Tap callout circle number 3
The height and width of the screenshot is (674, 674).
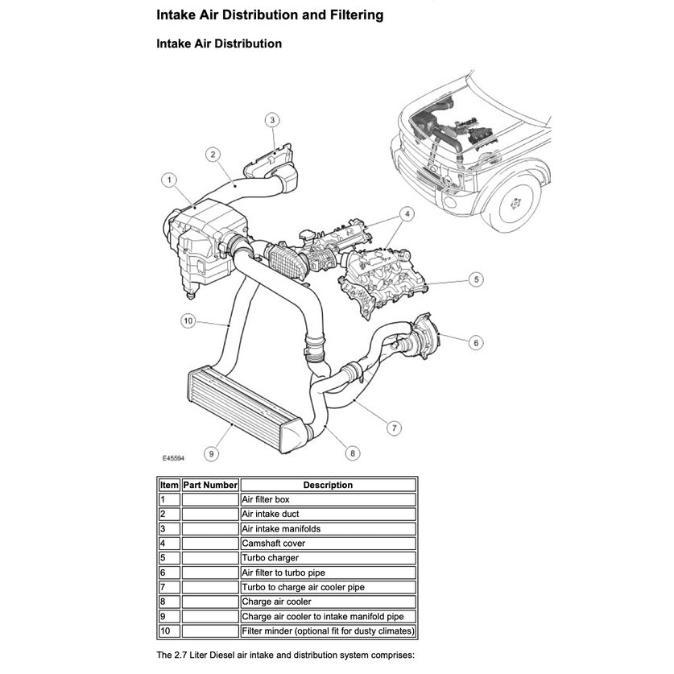coord(272,120)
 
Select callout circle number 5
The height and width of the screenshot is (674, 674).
coord(477,279)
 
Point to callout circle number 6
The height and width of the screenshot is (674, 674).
coord(477,343)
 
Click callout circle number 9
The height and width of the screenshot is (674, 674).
coord(211,454)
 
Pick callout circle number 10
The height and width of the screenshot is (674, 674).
coord(187,320)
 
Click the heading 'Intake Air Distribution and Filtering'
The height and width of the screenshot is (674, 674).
coord(269,14)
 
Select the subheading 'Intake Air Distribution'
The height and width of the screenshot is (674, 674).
coord(218,43)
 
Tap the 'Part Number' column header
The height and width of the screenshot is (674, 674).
coord(210,485)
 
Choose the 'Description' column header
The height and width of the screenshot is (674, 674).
coord(328,485)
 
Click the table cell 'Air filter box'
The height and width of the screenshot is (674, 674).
coord(266,499)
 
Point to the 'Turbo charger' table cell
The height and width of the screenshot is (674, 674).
coord(270,557)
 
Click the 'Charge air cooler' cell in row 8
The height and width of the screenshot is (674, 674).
coord(276,601)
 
